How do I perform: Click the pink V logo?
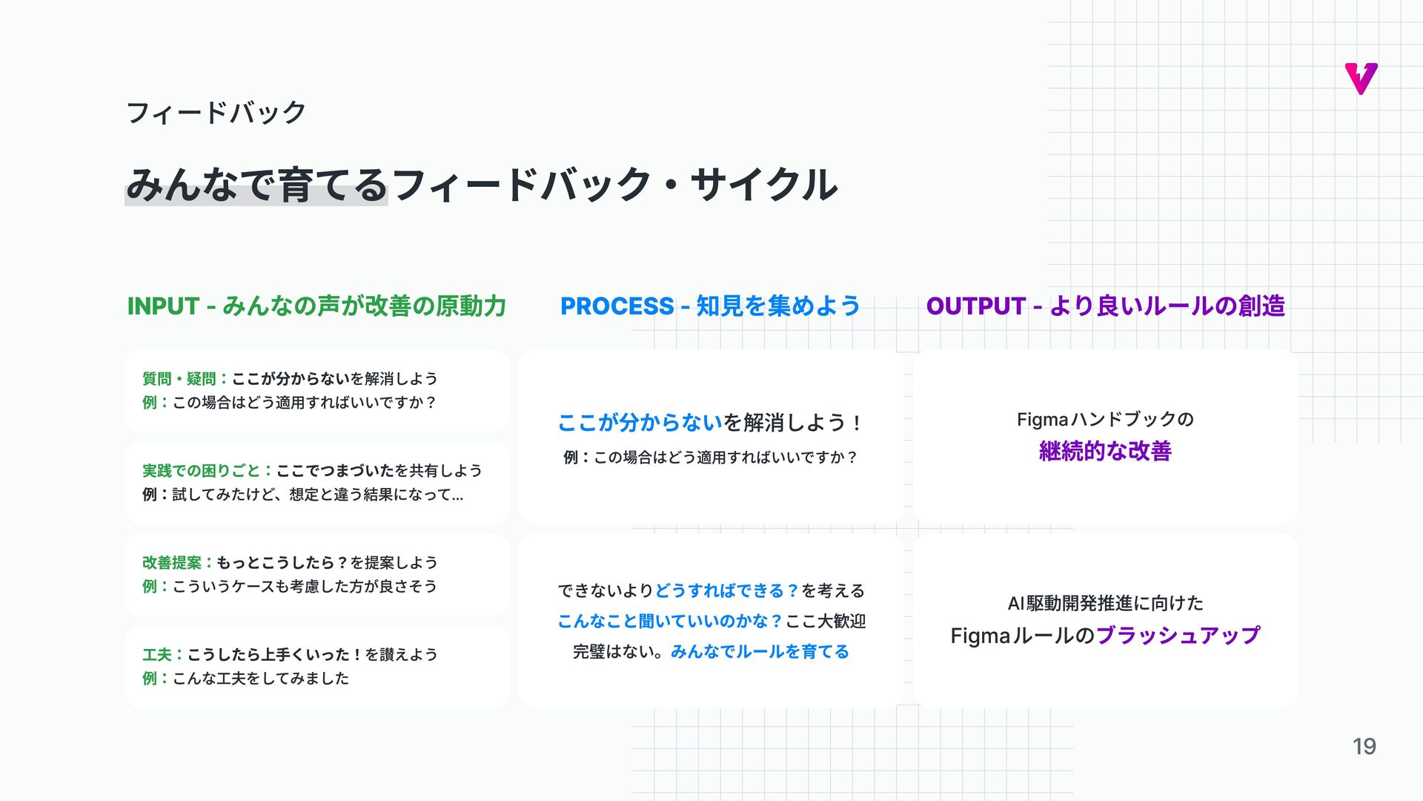pyautogui.click(x=1361, y=79)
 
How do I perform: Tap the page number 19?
pyautogui.click(x=1364, y=746)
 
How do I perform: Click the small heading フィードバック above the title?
pyautogui.click(x=216, y=113)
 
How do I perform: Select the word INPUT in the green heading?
pyautogui.click(x=163, y=306)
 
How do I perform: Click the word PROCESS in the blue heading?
pyautogui.click(x=617, y=306)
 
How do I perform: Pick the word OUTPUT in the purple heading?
pyautogui.click(x=975, y=306)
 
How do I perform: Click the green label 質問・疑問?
pyautogui.click(x=179, y=379)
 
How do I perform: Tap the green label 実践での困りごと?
pyautogui.click(x=201, y=471)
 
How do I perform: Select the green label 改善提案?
pyautogui.click(x=171, y=563)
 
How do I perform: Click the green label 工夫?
pyautogui.click(x=156, y=655)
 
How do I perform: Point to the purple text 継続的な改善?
pyautogui.click(x=1105, y=451)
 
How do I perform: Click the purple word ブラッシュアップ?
pyautogui.click(x=1178, y=636)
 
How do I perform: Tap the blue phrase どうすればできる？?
pyautogui.click(x=727, y=591)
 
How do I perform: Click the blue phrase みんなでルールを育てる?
pyautogui.click(x=760, y=652)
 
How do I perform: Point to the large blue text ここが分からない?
pyautogui.click(x=640, y=423)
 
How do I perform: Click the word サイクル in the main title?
pyautogui.click(x=764, y=185)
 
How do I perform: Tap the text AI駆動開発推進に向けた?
pyautogui.click(x=1105, y=604)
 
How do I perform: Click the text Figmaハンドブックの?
pyautogui.click(x=1105, y=420)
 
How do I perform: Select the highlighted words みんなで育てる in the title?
pyautogui.click(x=256, y=185)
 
